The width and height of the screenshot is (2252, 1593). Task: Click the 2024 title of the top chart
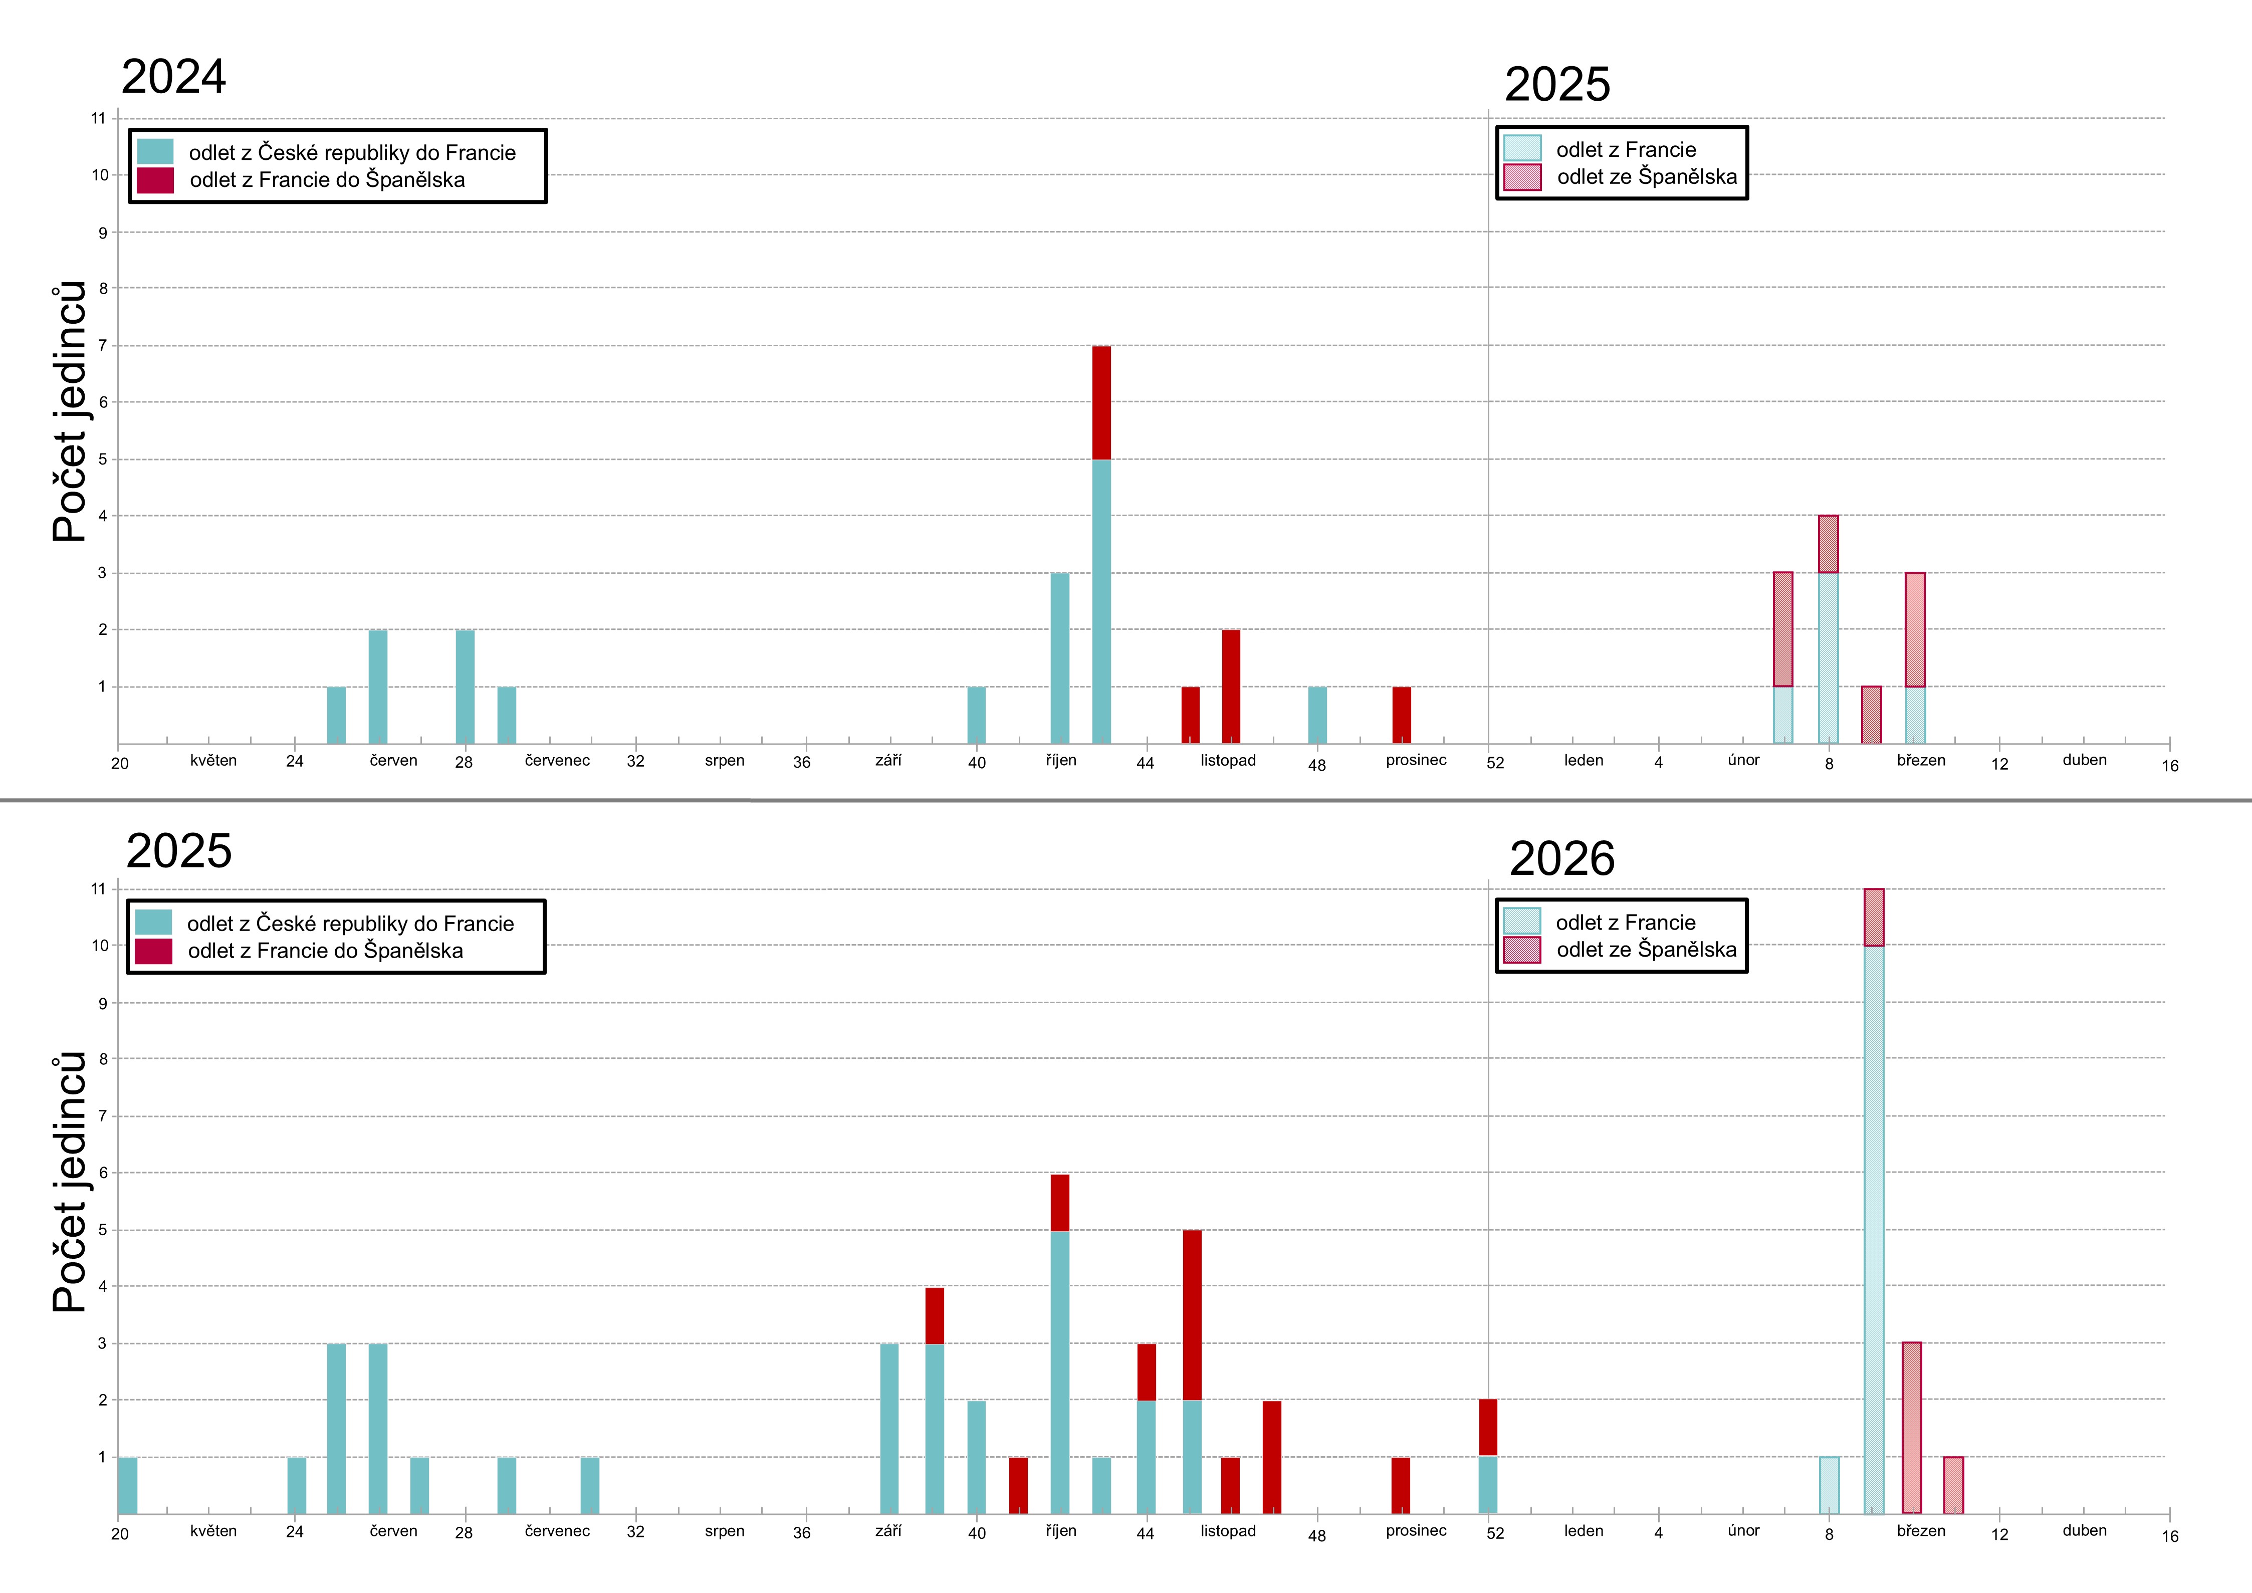[x=173, y=77]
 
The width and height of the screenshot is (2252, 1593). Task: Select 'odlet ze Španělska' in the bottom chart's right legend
[x=1646, y=950]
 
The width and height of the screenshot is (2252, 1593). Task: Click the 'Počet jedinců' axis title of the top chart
[x=69, y=412]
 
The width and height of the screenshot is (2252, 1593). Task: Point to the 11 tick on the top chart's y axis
[x=98, y=119]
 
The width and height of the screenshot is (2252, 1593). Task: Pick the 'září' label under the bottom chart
[x=887, y=1531]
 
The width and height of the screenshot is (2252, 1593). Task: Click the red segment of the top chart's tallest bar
[x=1101, y=402]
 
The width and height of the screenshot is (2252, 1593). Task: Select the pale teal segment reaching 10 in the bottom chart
[x=1873, y=1226]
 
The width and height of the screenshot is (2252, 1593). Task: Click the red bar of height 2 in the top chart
[x=1231, y=687]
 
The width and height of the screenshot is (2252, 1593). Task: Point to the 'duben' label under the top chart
[x=2084, y=760]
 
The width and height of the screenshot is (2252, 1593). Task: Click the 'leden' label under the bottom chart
[x=1583, y=1531]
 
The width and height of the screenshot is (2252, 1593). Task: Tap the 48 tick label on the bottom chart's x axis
[x=1316, y=1536]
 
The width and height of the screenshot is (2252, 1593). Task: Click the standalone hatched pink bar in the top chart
[x=1872, y=715]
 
